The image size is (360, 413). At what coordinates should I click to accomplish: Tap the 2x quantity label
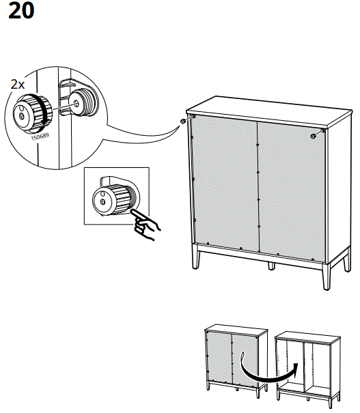(x=18, y=85)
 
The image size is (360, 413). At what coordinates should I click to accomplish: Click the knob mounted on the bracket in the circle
(x=84, y=102)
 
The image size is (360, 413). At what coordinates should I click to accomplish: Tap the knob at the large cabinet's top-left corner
(x=184, y=121)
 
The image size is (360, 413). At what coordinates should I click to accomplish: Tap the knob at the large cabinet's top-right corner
(x=313, y=136)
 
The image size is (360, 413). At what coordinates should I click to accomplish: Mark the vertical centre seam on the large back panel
(x=258, y=184)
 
